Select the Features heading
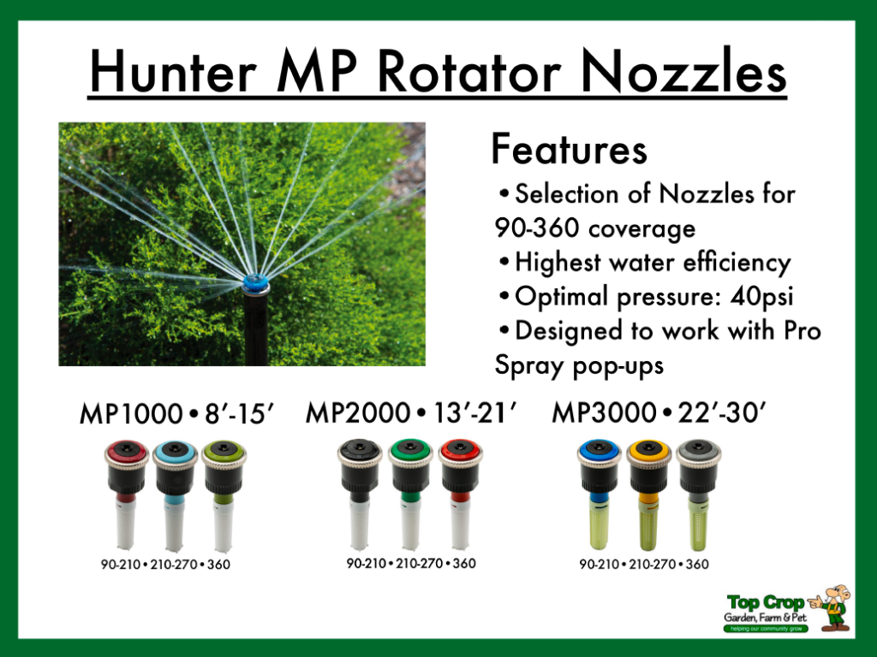click(569, 151)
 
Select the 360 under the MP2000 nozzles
click(464, 563)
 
